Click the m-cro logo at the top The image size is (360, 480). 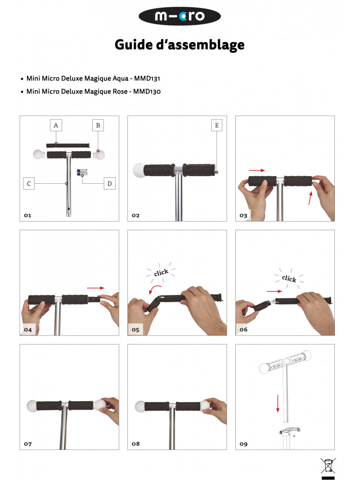(x=180, y=16)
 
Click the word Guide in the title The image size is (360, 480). (x=134, y=45)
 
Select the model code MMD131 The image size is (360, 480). (x=147, y=78)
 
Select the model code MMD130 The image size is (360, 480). (x=147, y=91)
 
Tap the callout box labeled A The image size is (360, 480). (x=56, y=125)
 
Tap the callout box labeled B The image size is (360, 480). (x=98, y=125)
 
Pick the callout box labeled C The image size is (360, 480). (x=29, y=184)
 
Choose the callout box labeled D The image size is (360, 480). (x=109, y=184)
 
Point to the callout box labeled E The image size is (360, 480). (x=216, y=125)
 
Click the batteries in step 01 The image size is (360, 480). (x=82, y=172)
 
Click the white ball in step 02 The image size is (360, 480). (x=139, y=170)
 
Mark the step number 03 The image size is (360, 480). (x=243, y=216)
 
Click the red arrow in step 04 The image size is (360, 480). (x=95, y=288)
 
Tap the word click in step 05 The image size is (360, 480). (x=161, y=272)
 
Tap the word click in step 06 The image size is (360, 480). (x=289, y=279)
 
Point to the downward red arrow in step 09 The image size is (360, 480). (x=278, y=403)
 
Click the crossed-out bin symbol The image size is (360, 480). (x=328, y=466)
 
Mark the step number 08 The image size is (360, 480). (x=135, y=444)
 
